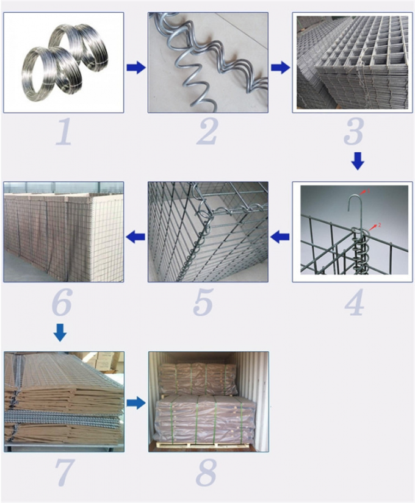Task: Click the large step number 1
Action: coord(63,132)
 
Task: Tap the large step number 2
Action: coord(207,132)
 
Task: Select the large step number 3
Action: coord(352,132)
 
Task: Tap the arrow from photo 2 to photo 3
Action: coord(280,68)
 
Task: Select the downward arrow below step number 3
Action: coord(358,161)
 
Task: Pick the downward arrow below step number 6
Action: coord(59,333)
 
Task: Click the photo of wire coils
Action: coord(63,62)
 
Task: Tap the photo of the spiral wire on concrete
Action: coord(208,62)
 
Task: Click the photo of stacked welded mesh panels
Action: coord(352,62)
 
